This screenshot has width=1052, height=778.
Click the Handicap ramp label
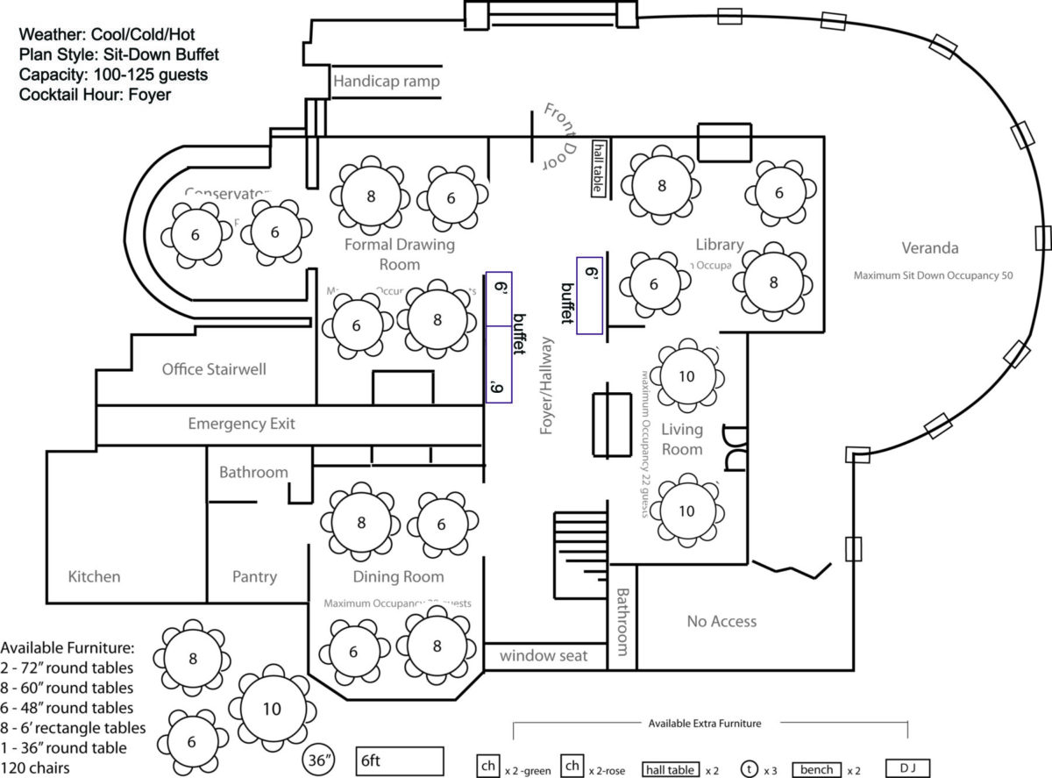coord(386,82)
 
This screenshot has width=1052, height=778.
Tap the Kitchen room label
coord(94,576)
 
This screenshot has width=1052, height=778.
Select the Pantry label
coord(254,576)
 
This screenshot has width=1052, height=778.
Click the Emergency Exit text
coord(241,424)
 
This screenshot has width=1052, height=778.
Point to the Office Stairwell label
coord(214,369)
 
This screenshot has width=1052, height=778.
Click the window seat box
coord(544,655)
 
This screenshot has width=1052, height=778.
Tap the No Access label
coord(721,621)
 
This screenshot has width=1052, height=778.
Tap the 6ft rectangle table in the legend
coord(400,760)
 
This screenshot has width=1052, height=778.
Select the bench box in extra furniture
coord(815,769)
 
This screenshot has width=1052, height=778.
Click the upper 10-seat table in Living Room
coord(686,376)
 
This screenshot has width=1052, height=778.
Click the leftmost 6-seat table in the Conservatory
coord(195,234)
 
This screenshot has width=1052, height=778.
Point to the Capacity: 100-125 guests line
coord(114,75)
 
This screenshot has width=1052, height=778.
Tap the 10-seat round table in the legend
coord(272,709)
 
